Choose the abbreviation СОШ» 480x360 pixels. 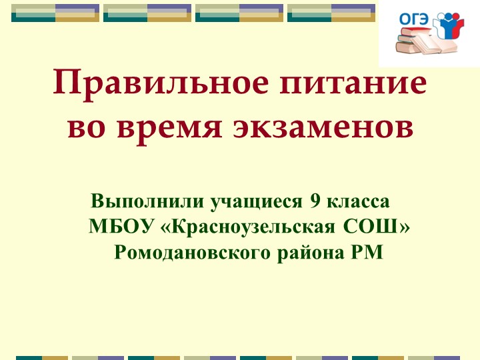(x=377, y=227)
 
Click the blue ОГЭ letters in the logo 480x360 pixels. (x=413, y=19)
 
